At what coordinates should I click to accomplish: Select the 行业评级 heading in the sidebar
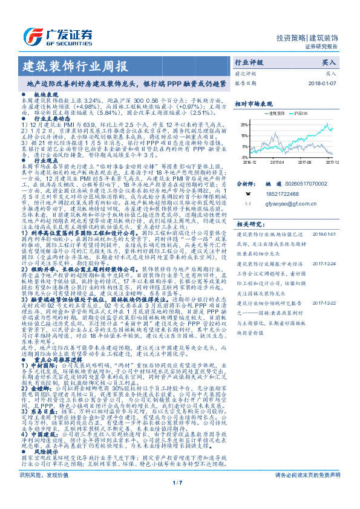click(x=249, y=62)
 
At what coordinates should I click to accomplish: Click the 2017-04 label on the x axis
click(x=278, y=162)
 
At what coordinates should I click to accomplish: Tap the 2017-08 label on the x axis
click(x=304, y=162)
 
